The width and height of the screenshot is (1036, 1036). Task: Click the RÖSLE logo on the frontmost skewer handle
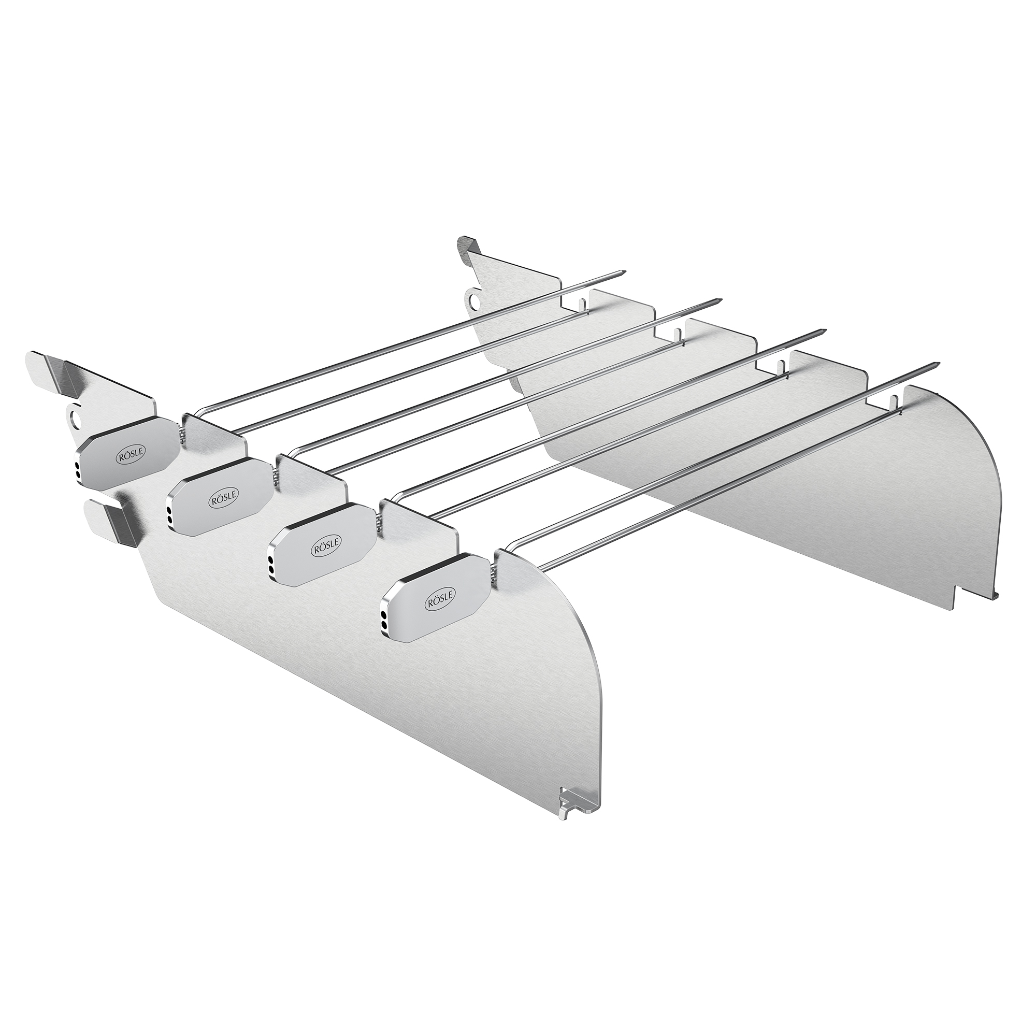[x=439, y=599]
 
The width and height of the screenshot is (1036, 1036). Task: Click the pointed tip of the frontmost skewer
[x=934, y=366]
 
